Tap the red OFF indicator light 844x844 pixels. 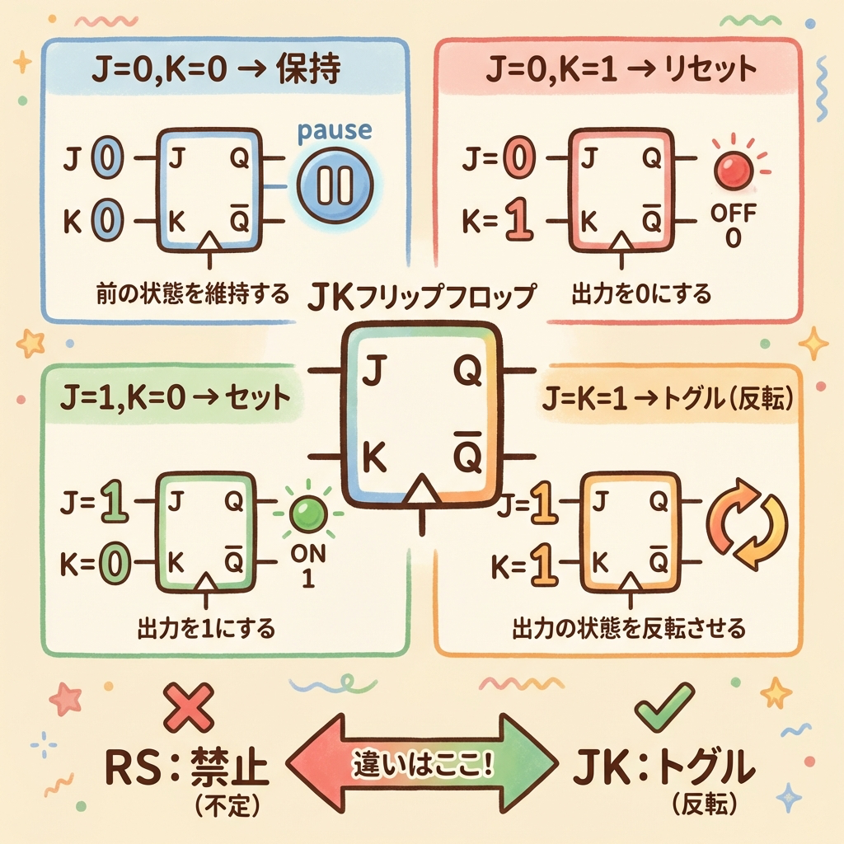pyautogui.click(x=730, y=171)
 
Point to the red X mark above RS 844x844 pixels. pyautogui.click(x=185, y=706)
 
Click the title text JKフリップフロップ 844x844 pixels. pyautogui.click(x=422, y=295)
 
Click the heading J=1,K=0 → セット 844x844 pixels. pyautogui.click(x=176, y=398)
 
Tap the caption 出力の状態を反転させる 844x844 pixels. pyautogui.click(x=628, y=630)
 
